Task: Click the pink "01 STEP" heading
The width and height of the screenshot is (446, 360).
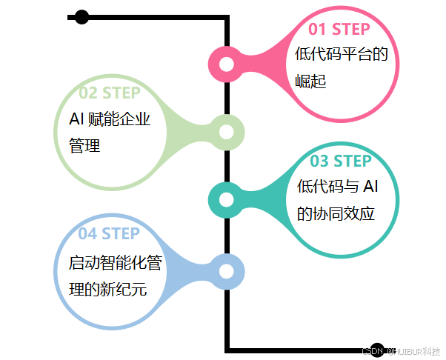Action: tap(339, 30)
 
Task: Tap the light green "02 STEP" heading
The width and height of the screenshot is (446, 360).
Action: tap(110, 93)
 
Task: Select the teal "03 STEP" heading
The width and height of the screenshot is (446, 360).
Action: tap(341, 161)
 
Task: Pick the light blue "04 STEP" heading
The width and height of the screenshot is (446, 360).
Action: tap(109, 234)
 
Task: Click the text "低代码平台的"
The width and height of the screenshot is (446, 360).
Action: tap(341, 54)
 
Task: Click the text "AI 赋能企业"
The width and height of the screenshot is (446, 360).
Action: tap(110, 119)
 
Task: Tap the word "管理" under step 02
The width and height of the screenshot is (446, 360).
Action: tap(84, 145)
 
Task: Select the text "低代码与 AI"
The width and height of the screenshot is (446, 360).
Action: tap(342, 187)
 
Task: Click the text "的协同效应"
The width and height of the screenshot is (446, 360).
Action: tap(335, 213)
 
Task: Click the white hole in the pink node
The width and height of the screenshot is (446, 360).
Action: tap(227, 64)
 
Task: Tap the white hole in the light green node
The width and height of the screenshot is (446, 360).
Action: tap(227, 133)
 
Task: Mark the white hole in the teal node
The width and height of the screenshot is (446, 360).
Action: tap(226, 200)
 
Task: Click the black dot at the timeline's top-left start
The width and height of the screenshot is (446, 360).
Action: tap(81, 17)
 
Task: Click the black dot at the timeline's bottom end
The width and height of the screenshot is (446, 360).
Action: tap(376, 350)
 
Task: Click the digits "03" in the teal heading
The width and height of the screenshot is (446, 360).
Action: tap(319, 161)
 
